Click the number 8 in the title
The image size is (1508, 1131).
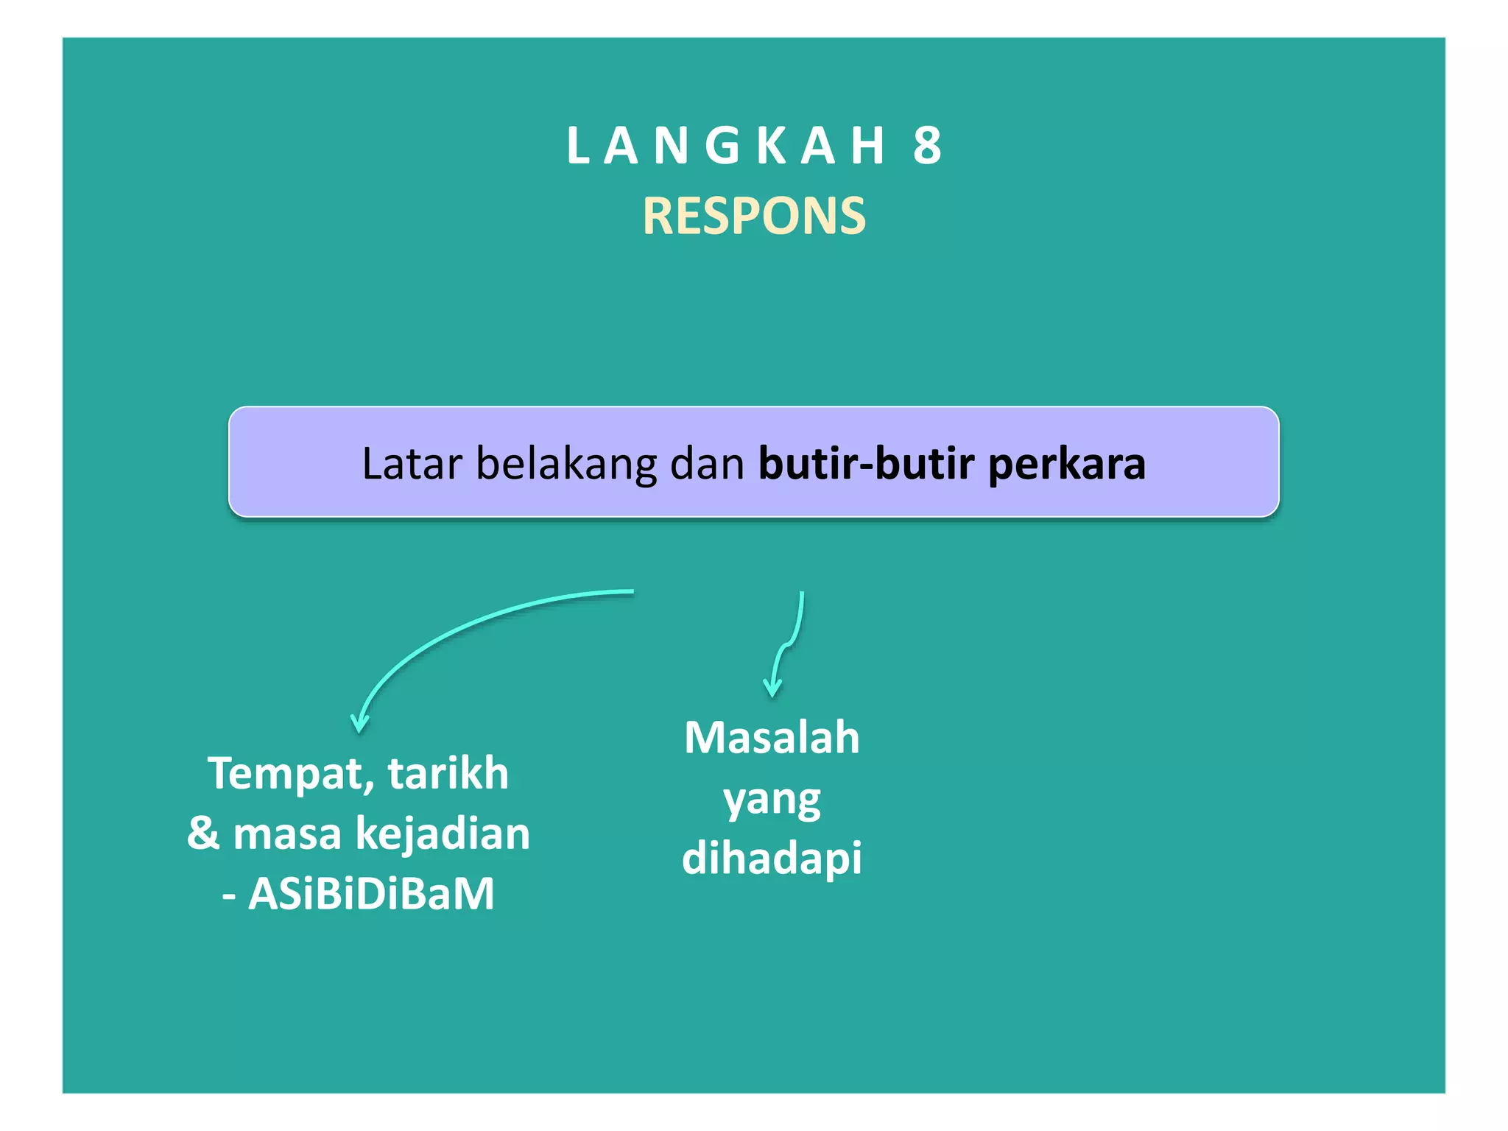927,146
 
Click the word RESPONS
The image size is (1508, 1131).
754,216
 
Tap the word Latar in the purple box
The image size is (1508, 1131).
412,464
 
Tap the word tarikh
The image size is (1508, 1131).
448,773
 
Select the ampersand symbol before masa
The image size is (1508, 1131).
203,834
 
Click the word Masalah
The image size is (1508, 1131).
772,738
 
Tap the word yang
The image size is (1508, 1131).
772,801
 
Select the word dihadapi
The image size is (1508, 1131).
772,859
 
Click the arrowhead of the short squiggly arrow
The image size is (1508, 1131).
772,689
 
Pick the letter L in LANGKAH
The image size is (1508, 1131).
577,146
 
